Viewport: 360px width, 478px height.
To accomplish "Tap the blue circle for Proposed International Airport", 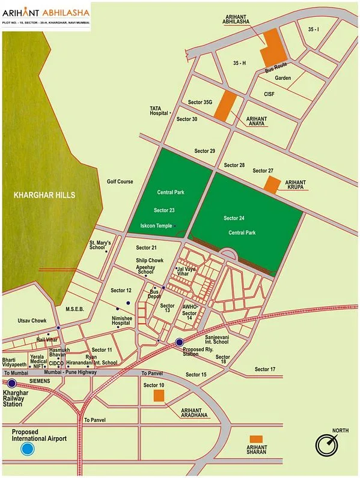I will tap(27, 449).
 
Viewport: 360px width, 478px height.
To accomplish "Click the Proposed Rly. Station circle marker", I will tap(179, 342).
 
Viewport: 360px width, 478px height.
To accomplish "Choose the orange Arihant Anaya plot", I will tap(225, 106).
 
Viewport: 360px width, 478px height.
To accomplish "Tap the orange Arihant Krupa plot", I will tap(272, 185).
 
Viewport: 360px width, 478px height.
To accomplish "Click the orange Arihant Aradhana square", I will tap(159, 395).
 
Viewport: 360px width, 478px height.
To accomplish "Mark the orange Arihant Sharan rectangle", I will tap(256, 439).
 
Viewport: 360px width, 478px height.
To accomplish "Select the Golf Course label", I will tap(120, 181).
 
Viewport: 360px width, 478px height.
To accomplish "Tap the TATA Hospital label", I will tap(158, 110).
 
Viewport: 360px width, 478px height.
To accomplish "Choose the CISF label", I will tap(269, 94).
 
